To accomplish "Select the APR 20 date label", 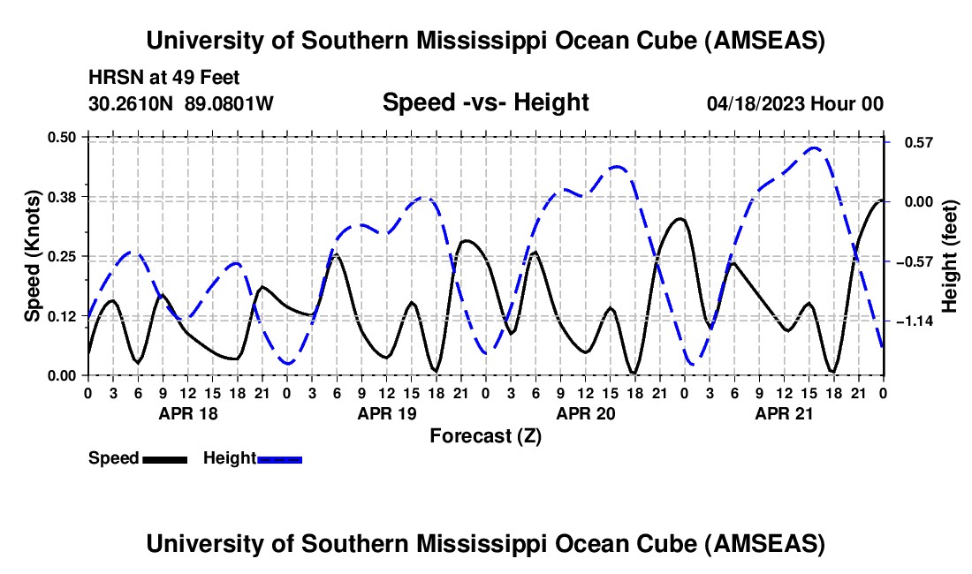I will pyautogui.click(x=585, y=413).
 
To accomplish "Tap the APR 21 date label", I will pyautogui.click(x=783, y=413).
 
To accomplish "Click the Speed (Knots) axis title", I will pyautogui.click(x=33, y=256).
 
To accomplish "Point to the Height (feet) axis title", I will pyautogui.click(x=950, y=256).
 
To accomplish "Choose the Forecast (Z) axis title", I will pyautogui.click(x=485, y=435).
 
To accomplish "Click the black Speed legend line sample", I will pyautogui.click(x=163, y=458).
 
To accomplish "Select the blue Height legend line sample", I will pyautogui.click(x=279, y=458).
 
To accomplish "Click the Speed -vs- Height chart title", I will pyautogui.click(x=485, y=102).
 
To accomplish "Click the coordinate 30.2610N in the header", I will pyautogui.click(x=133, y=104).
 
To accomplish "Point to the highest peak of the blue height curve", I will pyautogui.click(x=815, y=148).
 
